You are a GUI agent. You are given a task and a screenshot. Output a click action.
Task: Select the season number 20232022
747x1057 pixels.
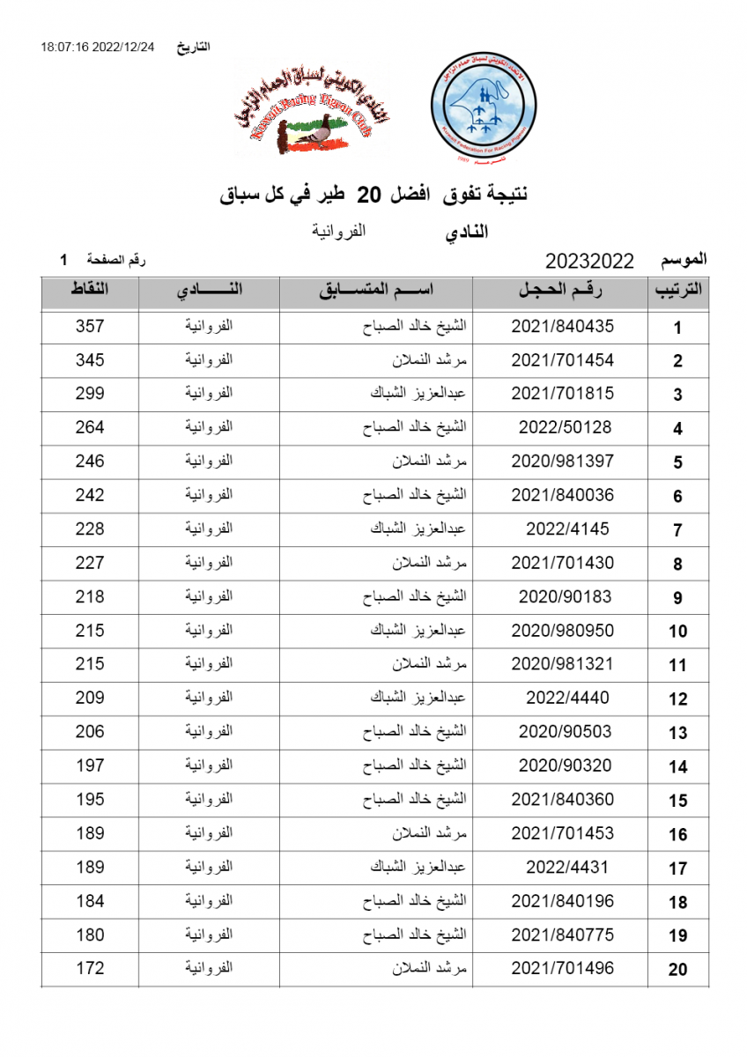[x=589, y=261]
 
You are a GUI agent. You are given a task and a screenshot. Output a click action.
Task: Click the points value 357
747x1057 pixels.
[x=90, y=326]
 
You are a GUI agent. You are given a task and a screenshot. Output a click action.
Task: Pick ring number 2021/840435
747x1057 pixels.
[x=562, y=326]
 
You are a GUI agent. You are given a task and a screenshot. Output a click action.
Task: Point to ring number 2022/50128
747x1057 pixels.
[x=562, y=427]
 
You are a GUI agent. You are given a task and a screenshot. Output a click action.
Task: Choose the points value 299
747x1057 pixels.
[x=90, y=394]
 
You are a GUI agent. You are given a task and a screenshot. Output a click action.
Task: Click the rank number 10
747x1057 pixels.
[x=677, y=631]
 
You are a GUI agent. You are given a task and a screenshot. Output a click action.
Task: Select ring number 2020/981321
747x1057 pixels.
[x=562, y=664]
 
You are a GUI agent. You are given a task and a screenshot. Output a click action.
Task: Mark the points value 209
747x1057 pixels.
[x=90, y=698]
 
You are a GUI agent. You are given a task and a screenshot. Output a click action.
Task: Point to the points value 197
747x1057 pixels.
[x=90, y=765]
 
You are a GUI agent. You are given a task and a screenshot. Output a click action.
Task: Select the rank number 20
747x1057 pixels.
[x=677, y=970]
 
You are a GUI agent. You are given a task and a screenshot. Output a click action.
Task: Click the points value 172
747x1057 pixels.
[x=90, y=968]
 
